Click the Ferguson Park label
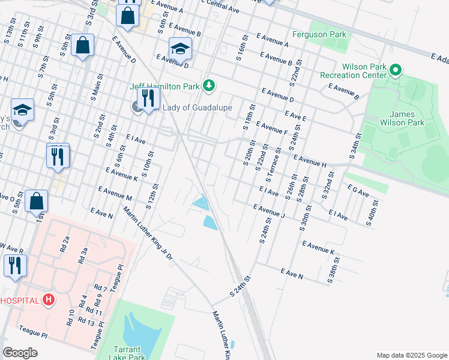[319, 34]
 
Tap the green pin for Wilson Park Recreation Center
[396, 71]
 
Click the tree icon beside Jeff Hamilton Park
[208, 86]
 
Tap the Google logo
[21, 353]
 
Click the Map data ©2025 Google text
[411, 355]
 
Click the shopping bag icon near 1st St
[37, 202]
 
